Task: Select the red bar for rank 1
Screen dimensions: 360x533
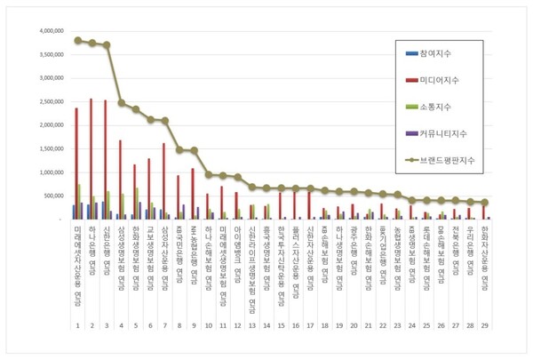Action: pyautogui.click(x=76, y=164)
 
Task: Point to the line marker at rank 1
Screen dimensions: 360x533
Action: pyautogui.click(x=78, y=40)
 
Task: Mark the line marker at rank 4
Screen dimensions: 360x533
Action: pyautogui.click(x=122, y=102)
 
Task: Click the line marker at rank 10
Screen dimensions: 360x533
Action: pyautogui.click(x=208, y=174)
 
